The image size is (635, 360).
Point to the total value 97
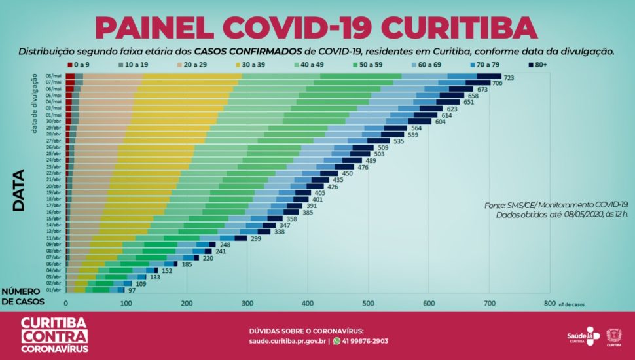point(132,290)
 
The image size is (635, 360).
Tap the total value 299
point(255,239)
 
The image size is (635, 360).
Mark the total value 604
point(441,122)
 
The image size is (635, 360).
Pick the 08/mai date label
point(54,77)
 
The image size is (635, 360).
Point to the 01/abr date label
point(54,289)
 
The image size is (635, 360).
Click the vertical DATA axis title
point(19,190)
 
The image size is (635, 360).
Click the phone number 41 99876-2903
point(365,341)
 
